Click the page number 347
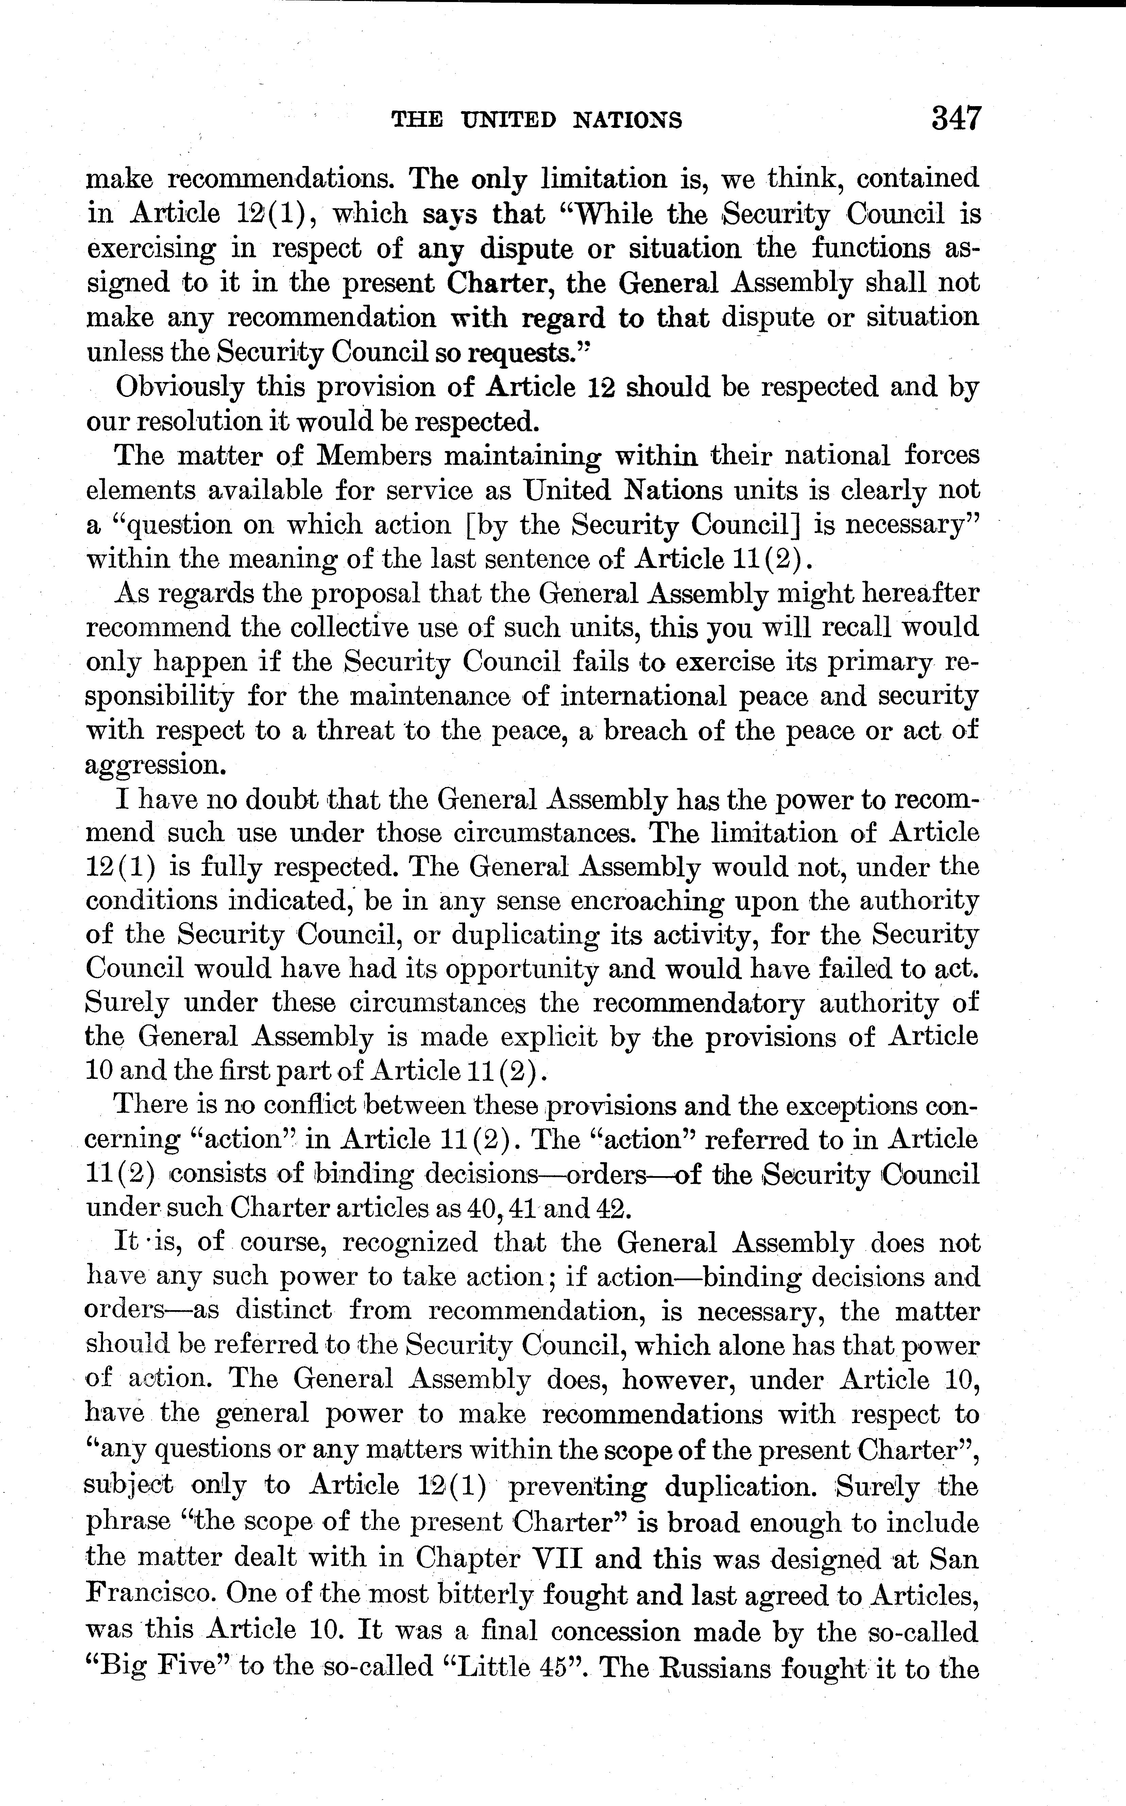(x=956, y=118)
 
